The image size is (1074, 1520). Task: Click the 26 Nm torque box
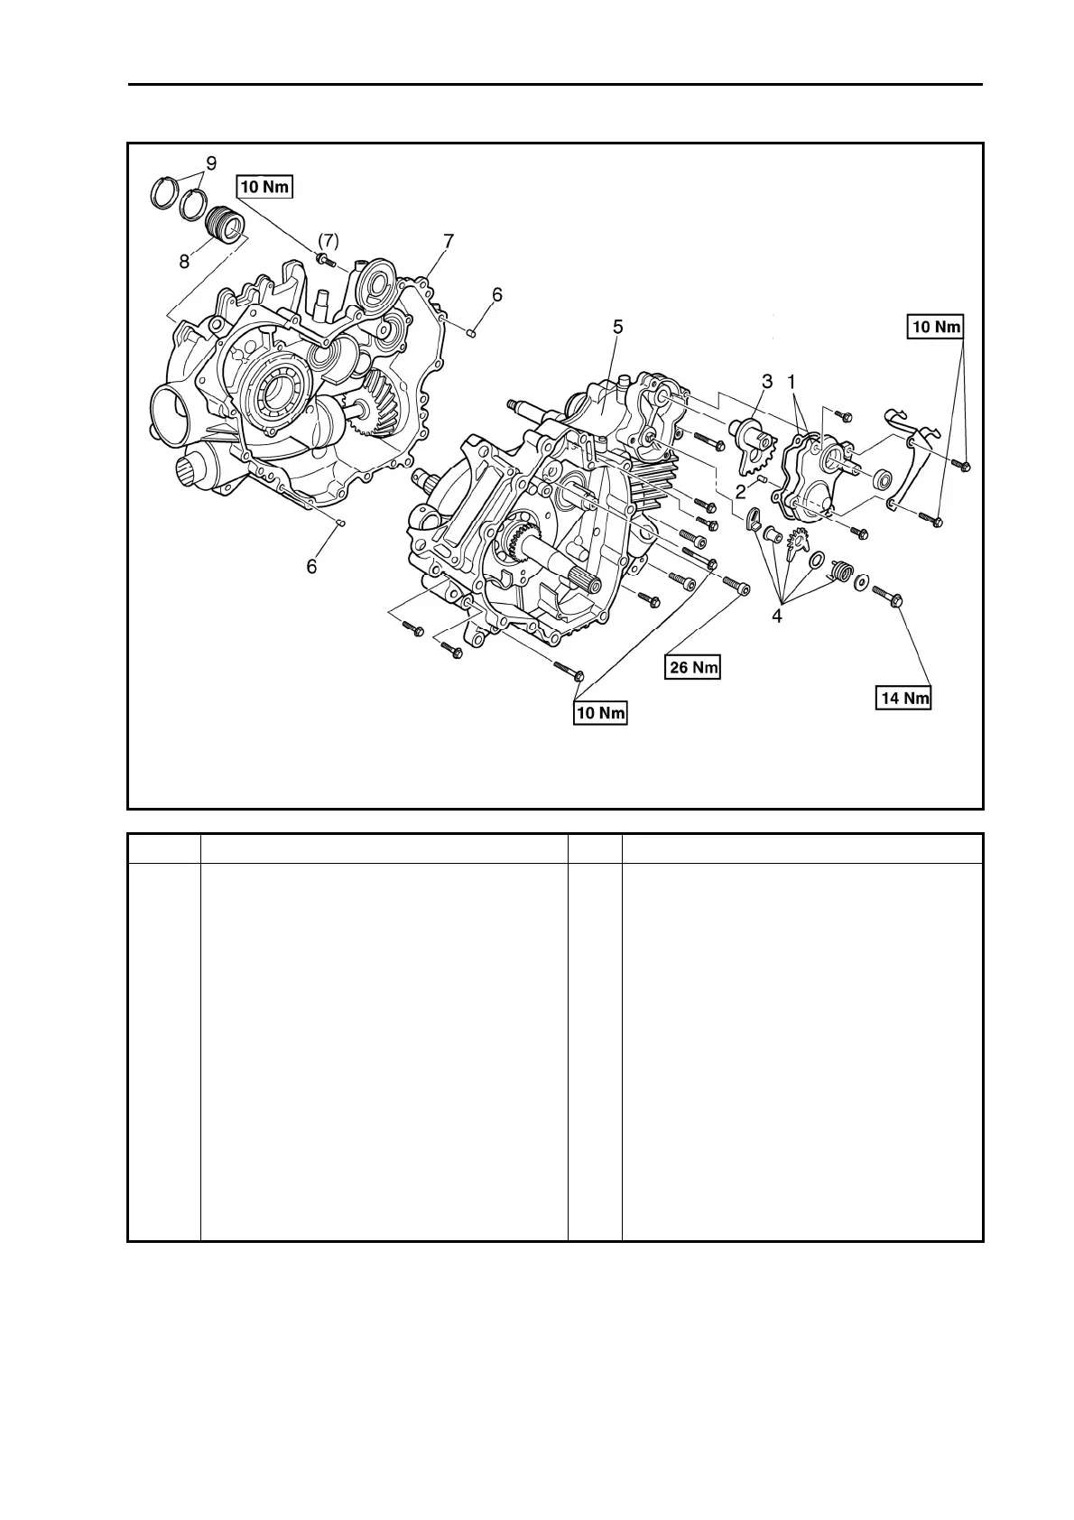click(x=693, y=667)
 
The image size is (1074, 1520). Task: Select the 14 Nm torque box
click(x=904, y=698)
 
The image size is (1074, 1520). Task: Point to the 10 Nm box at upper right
click(x=936, y=326)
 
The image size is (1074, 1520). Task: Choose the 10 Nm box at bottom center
click(x=600, y=713)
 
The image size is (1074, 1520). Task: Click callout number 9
click(x=211, y=163)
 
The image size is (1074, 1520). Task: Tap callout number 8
click(x=184, y=262)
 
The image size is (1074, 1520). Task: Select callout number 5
click(x=617, y=327)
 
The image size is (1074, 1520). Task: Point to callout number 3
click(x=766, y=381)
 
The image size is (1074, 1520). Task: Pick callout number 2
click(x=740, y=490)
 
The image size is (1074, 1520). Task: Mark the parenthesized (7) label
click(x=328, y=241)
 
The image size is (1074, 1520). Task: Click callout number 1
click(x=792, y=381)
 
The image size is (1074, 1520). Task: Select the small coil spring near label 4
click(x=840, y=571)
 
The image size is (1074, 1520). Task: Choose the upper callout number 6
click(x=496, y=294)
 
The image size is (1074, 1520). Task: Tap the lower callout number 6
click(x=312, y=566)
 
